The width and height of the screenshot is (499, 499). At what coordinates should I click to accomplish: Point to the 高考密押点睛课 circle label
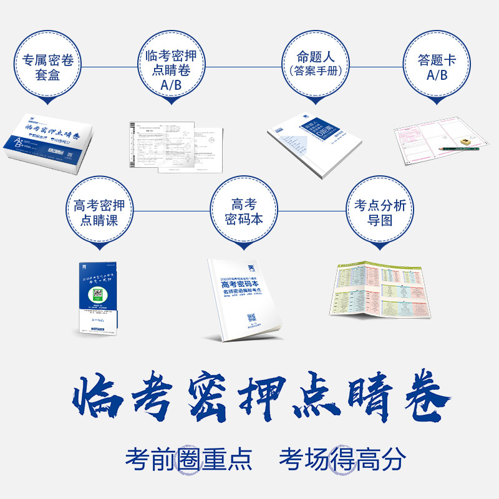click(x=100, y=212)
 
